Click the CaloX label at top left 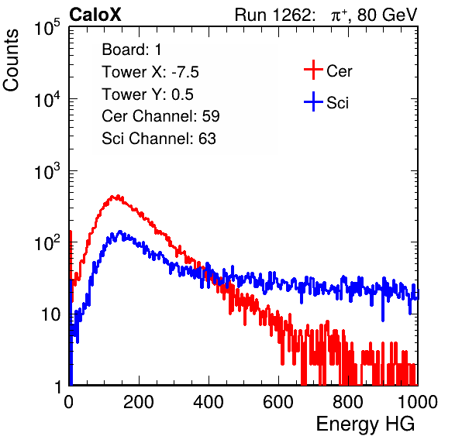[x=95, y=15]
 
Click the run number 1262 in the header [x=291, y=15]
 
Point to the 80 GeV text [x=388, y=15]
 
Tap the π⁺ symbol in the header [x=339, y=15]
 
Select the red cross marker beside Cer [x=313, y=70]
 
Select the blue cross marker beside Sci [x=313, y=101]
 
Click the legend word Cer [x=339, y=71]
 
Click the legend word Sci [x=338, y=103]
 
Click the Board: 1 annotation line [x=132, y=50]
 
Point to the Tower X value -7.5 [x=185, y=72]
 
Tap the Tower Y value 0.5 [x=182, y=94]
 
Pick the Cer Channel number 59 [x=211, y=116]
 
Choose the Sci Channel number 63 [x=207, y=139]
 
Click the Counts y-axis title [x=11, y=60]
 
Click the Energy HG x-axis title [x=366, y=424]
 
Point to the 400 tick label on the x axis [x=209, y=402]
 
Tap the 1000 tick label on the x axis [x=418, y=402]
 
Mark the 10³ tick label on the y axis [x=47, y=170]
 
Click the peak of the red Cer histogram [x=118, y=197]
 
